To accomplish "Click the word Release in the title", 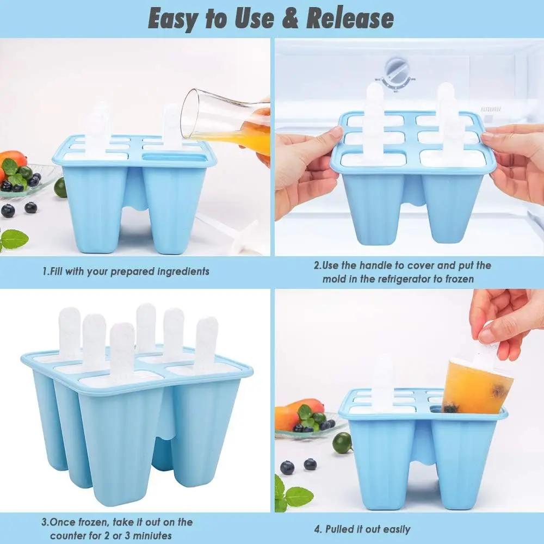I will (350, 19).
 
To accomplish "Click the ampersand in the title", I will (291, 19).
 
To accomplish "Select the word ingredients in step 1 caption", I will (178, 271).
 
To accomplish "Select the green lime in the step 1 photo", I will (60, 188).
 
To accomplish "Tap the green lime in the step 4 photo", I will (342, 442).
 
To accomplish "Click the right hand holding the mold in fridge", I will (517, 163).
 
